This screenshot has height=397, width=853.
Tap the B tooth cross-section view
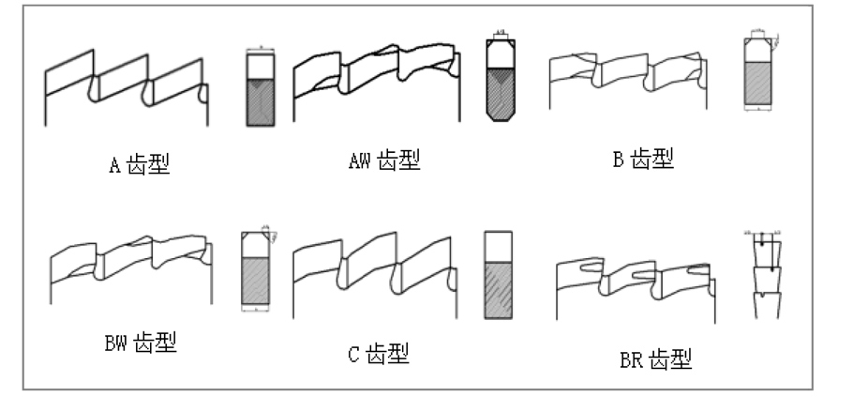(758, 73)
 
